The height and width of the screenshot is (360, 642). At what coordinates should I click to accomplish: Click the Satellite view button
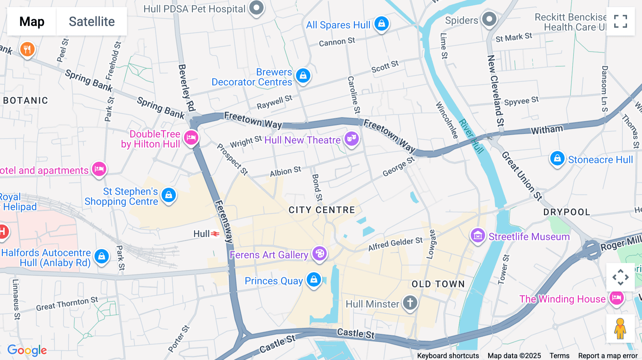(92, 21)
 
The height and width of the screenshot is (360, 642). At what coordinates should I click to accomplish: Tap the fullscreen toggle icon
(620, 21)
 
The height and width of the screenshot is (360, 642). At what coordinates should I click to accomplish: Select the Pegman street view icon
(620, 328)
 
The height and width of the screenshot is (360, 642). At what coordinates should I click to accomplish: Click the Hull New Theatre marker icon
(352, 138)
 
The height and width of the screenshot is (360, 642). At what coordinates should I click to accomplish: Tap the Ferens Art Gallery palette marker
(320, 254)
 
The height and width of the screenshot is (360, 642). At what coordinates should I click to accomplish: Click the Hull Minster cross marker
(410, 303)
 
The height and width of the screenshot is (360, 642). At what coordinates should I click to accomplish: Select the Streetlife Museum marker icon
(478, 236)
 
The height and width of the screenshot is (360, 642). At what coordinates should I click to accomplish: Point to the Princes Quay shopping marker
(314, 280)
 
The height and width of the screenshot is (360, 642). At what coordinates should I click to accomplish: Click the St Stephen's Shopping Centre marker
(169, 195)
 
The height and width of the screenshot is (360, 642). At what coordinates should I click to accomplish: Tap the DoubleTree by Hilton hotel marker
(191, 138)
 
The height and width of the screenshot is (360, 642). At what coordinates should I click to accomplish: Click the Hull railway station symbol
(215, 234)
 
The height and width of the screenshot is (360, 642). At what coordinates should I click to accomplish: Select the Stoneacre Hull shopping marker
(557, 158)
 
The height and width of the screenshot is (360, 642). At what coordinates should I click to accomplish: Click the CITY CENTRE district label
(322, 210)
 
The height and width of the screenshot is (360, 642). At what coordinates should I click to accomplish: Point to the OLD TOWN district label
(438, 284)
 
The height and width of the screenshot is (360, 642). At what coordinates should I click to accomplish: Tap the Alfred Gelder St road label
(395, 244)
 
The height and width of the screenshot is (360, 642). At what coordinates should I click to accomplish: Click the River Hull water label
(471, 136)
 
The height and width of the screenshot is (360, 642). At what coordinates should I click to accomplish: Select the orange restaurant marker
(27, 49)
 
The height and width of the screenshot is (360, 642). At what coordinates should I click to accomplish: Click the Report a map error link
(608, 356)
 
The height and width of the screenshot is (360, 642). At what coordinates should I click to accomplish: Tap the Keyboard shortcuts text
(448, 356)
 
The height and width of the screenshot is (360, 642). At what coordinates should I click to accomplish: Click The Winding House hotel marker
(617, 298)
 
